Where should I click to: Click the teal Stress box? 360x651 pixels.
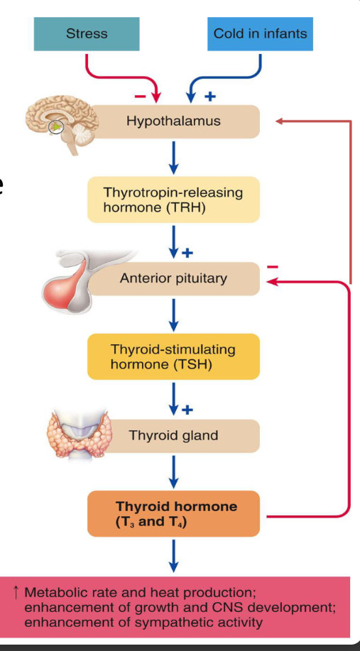tap(86, 33)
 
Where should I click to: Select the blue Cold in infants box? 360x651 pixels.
tap(260, 33)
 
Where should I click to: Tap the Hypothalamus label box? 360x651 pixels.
tap(173, 121)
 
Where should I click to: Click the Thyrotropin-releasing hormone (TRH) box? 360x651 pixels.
tap(173, 200)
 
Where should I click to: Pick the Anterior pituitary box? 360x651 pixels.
tap(173, 278)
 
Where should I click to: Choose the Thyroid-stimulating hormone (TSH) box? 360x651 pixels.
tap(173, 357)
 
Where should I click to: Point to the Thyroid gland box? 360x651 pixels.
tap(173, 435)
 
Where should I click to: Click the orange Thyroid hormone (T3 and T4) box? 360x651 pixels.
tap(173, 514)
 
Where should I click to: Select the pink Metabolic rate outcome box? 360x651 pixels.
tap(180, 607)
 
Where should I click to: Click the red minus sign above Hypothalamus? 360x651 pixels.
tap(141, 95)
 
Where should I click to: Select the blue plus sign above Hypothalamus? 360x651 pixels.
tap(209, 95)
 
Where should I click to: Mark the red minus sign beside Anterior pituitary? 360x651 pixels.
tap(273, 267)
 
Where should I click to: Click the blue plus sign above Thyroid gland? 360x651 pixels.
tap(187, 410)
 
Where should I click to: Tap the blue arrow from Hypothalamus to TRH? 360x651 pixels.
tap(173, 157)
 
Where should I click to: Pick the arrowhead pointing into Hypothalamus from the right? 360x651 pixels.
tap(279, 121)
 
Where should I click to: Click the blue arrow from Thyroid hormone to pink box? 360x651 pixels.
tap(173, 555)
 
